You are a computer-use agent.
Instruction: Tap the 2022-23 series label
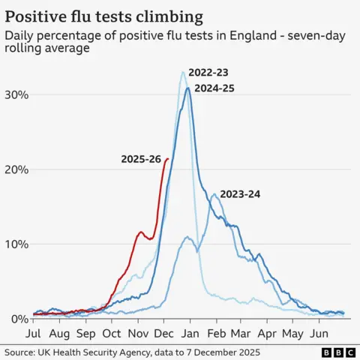(208, 73)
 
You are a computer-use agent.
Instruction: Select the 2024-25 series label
(214, 88)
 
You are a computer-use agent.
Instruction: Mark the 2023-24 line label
(240, 194)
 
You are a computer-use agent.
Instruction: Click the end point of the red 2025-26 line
(167, 159)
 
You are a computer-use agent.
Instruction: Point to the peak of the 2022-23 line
(183, 72)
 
